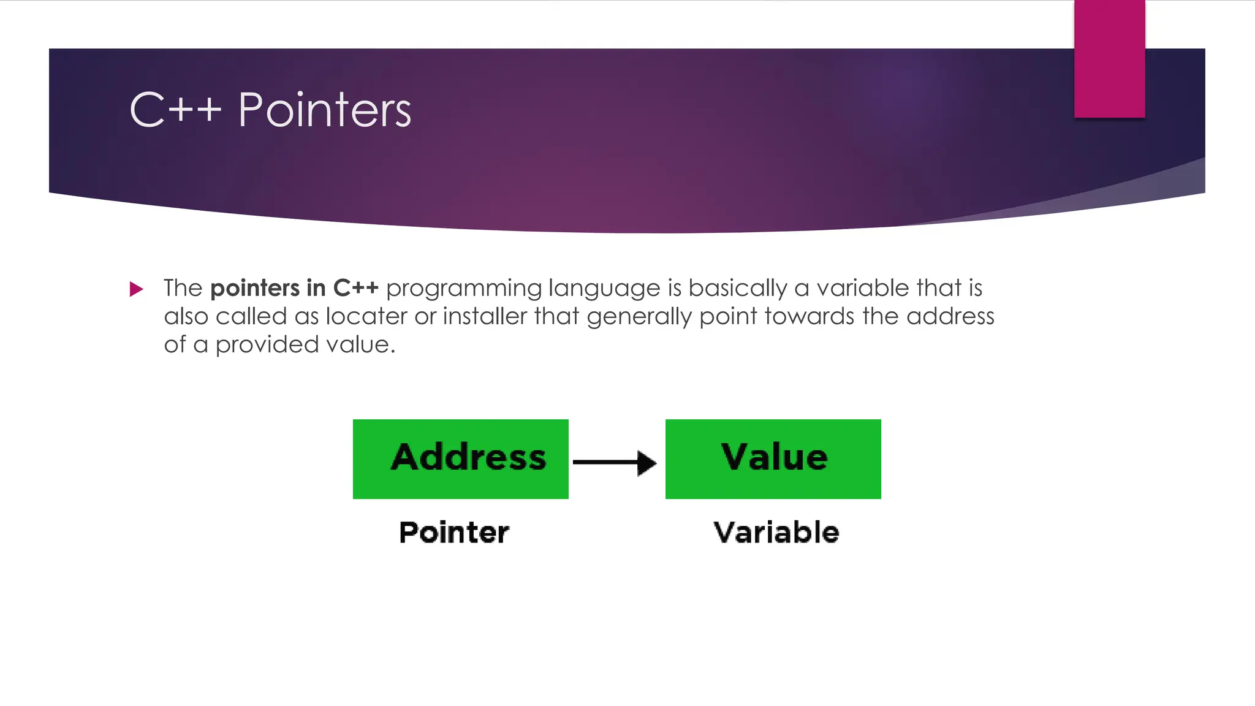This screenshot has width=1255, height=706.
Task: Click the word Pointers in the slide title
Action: pyautogui.click(x=324, y=110)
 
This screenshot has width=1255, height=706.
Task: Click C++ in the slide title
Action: pyautogui.click(x=175, y=110)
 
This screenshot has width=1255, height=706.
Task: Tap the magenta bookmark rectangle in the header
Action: pyautogui.click(x=1109, y=58)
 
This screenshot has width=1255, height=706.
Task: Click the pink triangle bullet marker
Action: pyautogui.click(x=136, y=289)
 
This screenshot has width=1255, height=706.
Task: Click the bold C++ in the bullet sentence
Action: pyautogui.click(x=355, y=288)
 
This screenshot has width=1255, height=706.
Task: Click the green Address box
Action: pyautogui.click(x=460, y=459)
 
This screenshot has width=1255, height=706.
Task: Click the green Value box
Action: pyautogui.click(x=773, y=459)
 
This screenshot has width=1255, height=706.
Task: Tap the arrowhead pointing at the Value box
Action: pyautogui.click(x=646, y=463)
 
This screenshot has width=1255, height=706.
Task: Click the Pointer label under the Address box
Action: pyautogui.click(x=453, y=532)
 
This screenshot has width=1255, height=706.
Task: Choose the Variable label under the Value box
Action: pyautogui.click(x=776, y=532)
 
